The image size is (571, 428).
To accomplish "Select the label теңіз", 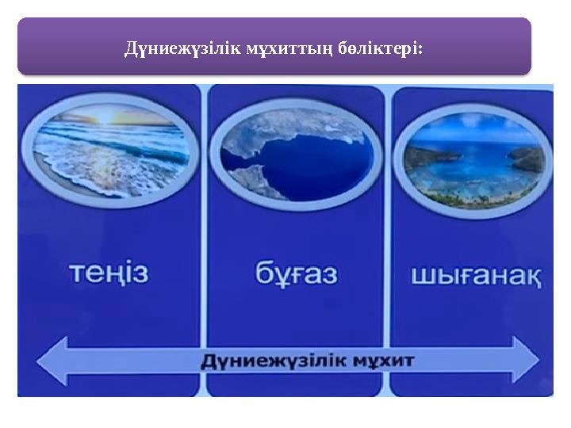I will (109, 273).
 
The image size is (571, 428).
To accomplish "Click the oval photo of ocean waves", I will (111, 153).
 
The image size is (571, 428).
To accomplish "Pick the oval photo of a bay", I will (475, 159).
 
